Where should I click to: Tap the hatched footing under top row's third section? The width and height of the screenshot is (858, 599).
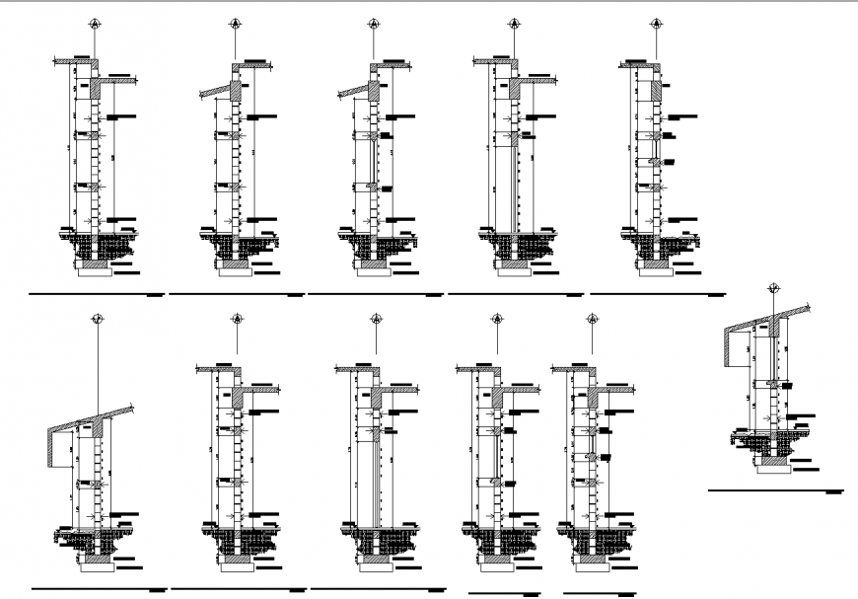click(x=372, y=265)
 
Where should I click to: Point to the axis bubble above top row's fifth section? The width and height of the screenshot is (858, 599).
click(x=656, y=23)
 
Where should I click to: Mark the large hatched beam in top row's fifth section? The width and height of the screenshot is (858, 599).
click(x=657, y=88)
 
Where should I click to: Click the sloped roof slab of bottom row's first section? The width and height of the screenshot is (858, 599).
click(x=94, y=417)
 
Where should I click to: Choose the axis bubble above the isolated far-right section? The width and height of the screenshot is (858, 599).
click(x=774, y=288)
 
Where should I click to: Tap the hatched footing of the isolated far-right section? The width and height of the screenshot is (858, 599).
click(x=772, y=458)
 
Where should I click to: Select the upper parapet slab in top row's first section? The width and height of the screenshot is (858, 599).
click(x=74, y=61)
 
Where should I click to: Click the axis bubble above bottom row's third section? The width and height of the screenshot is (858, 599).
click(x=376, y=319)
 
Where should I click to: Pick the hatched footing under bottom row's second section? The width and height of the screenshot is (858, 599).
click(x=237, y=560)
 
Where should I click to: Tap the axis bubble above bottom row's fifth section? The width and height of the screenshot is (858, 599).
click(x=593, y=319)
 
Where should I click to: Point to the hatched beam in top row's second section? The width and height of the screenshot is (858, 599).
click(x=237, y=91)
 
